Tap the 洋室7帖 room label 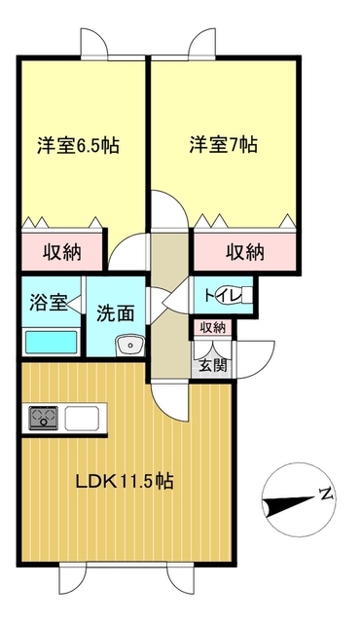[x=223, y=145]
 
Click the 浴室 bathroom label [x=48, y=302]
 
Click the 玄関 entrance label [x=213, y=366]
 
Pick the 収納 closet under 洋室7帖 [x=245, y=252]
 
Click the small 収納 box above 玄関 [x=213, y=328]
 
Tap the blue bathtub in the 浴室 [x=50, y=343]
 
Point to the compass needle [x=288, y=503]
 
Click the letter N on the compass [x=327, y=494]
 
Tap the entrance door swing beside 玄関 [x=255, y=358]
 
